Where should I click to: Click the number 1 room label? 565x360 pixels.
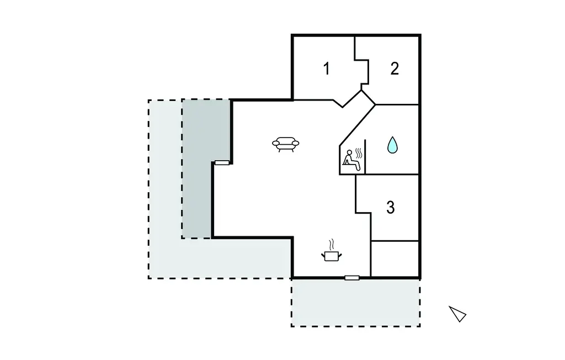[x=327, y=69]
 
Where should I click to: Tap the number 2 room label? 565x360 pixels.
[x=394, y=69]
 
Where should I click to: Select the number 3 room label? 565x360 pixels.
[x=391, y=208]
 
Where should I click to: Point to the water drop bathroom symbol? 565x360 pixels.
[x=392, y=145]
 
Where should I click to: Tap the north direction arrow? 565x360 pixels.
[x=457, y=314]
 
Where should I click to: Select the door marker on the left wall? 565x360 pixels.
[x=222, y=163]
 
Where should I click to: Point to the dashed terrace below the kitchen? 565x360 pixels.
[x=355, y=303]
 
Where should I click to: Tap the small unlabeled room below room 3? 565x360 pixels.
[x=395, y=258]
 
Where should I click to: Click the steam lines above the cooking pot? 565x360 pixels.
[x=332, y=243]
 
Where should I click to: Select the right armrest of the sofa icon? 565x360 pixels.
[x=296, y=144]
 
